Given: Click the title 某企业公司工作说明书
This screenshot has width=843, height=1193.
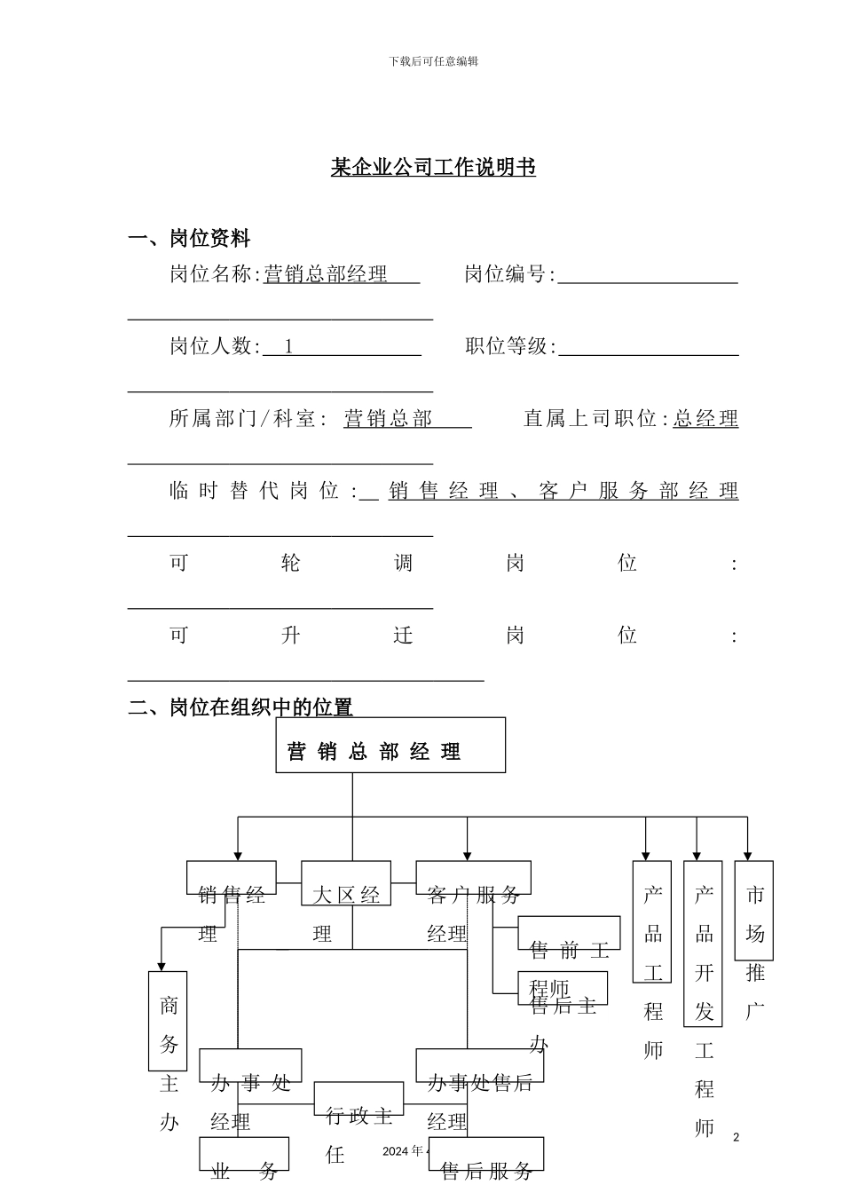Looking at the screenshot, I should coord(433,167).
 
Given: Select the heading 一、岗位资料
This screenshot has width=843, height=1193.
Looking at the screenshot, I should coord(189,238).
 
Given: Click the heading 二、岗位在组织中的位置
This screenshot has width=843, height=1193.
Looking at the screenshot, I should coord(240,707).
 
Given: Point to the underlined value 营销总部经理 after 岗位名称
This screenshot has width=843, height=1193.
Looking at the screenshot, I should coord(327,274).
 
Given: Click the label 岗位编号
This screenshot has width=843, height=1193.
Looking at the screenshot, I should coord(508,274).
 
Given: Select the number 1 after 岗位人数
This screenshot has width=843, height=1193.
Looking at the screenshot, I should coord(288,346).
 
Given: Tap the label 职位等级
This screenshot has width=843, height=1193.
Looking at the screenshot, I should coord(509,346).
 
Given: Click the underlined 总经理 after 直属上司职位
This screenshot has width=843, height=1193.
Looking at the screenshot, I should coord(705,418).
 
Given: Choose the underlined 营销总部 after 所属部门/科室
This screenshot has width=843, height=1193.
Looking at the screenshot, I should coord(388,418).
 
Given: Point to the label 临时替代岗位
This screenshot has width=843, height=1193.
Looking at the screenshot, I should coord(263,491).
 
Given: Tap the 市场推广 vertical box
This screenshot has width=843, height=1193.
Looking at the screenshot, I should coord(754,911).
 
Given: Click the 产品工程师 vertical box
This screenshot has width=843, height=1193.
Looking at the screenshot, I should coord(652,922).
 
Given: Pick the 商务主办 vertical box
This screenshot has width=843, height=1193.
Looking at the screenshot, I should coord(168,1021).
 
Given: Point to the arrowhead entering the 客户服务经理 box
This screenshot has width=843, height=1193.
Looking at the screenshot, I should coord(468,854).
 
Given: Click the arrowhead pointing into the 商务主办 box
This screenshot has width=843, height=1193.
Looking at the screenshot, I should coord(162,965).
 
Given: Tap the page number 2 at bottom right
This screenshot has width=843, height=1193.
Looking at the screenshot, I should coord(736,1137).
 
